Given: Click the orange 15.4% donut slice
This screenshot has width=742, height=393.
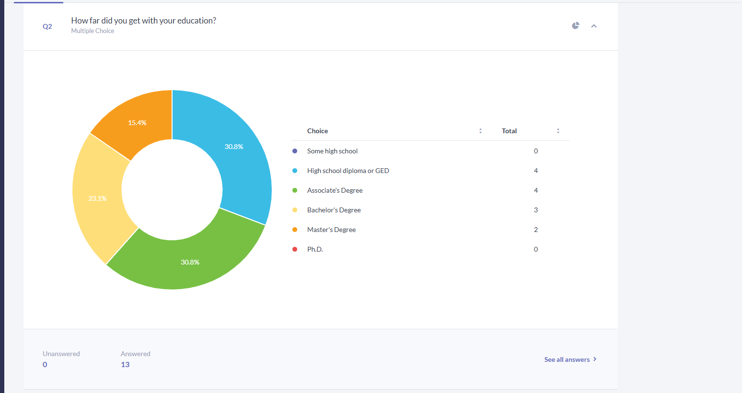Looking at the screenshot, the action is click(x=137, y=123).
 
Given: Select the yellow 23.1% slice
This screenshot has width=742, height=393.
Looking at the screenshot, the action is click(x=97, y=198).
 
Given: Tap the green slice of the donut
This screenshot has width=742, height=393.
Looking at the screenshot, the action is click(x=190, y=262).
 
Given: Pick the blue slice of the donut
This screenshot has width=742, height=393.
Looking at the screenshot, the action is click(x=234, y=147).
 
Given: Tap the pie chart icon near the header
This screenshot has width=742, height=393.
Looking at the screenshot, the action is click(x=576, y=26).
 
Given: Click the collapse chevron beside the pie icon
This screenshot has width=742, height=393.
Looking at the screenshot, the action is click(x=594, y=26).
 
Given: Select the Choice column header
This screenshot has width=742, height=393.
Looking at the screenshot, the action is click(x=317, y=131).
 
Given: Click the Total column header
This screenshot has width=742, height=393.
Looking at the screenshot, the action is click(x=509, y=131).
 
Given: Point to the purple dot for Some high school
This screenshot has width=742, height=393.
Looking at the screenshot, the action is click(x=295, y=151).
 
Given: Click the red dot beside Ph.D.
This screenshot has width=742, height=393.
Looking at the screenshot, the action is click(x=295, y=249).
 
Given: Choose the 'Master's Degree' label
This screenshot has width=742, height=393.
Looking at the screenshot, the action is click(x=331, y=230).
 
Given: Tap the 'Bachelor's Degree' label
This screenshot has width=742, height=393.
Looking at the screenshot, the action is click(x=334, y=210).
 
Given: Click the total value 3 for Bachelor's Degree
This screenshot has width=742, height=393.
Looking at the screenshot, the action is click(x=535, y=210).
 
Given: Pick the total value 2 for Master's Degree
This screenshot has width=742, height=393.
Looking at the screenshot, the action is click(x=535, y=230).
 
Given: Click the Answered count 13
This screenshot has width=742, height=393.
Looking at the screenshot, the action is click(x=125, y=365).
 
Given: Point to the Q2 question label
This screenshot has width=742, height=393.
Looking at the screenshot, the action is click(x=47, y=26).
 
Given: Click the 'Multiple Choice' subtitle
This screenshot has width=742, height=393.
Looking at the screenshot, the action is click(x=93, y=31).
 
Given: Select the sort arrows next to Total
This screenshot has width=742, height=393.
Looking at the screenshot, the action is click(x=558, y=131).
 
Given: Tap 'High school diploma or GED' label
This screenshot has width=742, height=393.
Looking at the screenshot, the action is click(x=348, y=171).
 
